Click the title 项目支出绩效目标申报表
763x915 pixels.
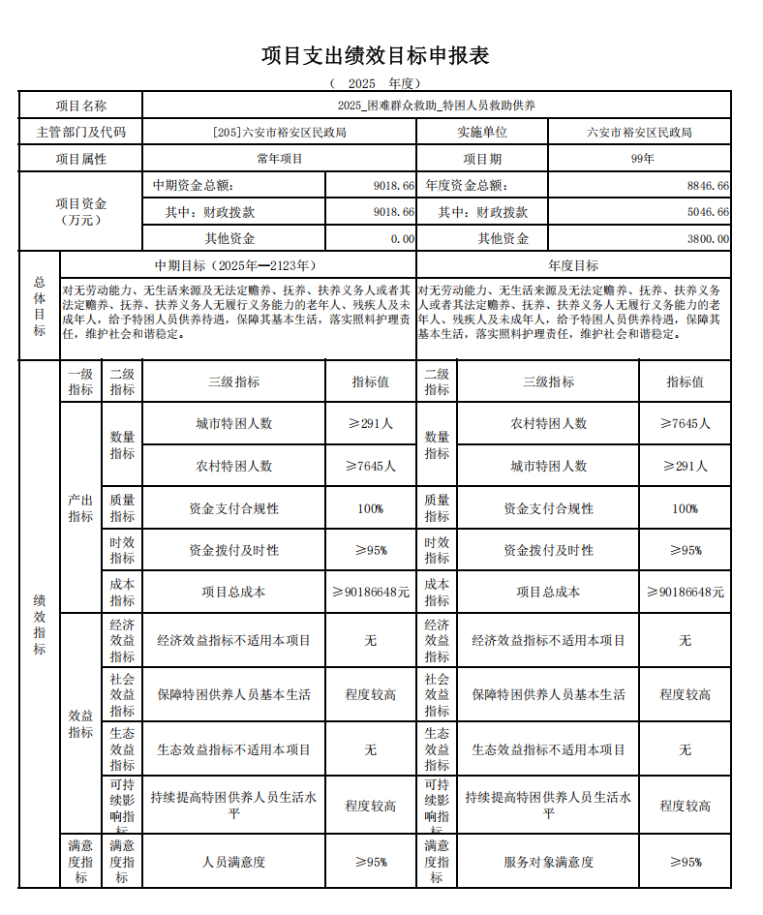click(375, 55)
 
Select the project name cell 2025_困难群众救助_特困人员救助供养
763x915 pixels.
click(437, 106)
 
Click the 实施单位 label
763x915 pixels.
click(481, 132)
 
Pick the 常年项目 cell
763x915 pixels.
click(279, 159)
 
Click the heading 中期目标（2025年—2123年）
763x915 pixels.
click(237, 265)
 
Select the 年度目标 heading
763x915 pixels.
click(573, 265)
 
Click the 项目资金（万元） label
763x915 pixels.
click(80, 211)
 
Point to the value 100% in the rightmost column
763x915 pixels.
click(685, 508)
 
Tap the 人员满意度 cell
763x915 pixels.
click(233, 862)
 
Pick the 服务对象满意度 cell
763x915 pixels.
click(548, 862)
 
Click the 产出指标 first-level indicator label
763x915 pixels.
click(80, 508)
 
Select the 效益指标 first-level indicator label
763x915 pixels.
click(80, 723)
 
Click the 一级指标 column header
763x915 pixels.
click(80, 381)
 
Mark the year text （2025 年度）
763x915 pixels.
click(375, 83)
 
